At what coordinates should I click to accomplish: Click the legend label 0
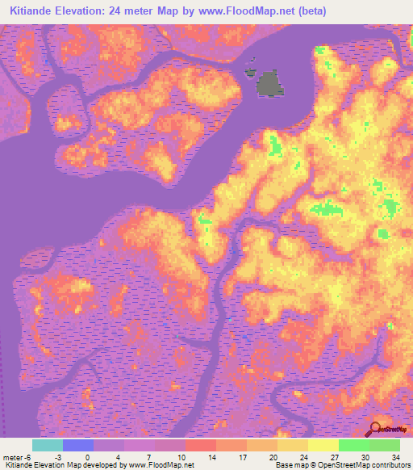click(x=88, y=457)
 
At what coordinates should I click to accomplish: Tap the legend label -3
click(x=59, y=457)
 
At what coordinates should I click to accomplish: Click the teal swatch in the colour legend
click(x=48, y=445)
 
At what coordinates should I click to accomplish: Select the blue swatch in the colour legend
click(x=78, y=445)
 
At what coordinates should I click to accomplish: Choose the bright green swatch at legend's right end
click(x=385, y=445)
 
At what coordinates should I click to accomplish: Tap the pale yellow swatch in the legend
click(x=323, y=445)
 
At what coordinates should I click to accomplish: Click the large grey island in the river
click(x=269, y=82)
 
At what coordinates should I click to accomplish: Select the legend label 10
click(x=181, y=457)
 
